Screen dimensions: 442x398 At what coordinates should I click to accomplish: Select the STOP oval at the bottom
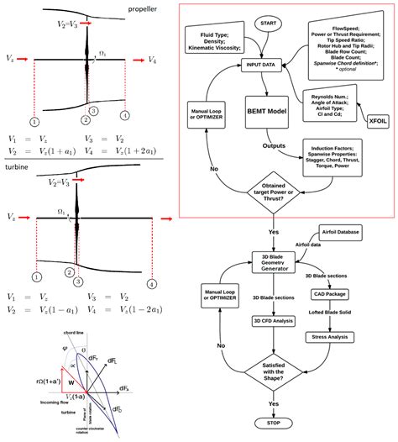(274, 423)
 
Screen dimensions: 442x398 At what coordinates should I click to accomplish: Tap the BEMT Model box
(267, 110)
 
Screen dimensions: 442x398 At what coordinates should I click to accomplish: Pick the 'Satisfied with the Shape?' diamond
(274, 369)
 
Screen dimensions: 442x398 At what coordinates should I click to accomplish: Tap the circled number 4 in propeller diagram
(125, 114)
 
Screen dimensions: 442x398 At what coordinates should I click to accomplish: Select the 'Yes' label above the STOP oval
(274, 403)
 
